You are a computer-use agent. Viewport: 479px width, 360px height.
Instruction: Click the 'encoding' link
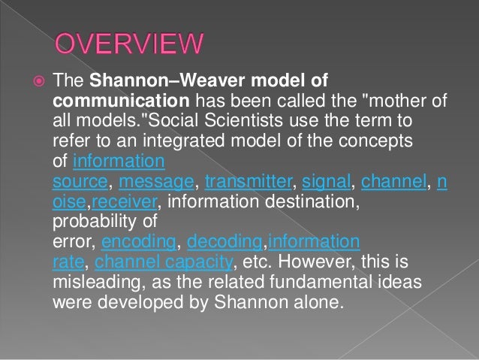(138, 242)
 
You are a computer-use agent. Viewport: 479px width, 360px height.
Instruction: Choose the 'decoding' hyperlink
(224, 242)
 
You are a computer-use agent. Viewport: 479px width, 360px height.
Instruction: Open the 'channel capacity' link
(164, 262)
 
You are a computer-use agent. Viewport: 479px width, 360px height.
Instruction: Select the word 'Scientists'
(244, 121)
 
